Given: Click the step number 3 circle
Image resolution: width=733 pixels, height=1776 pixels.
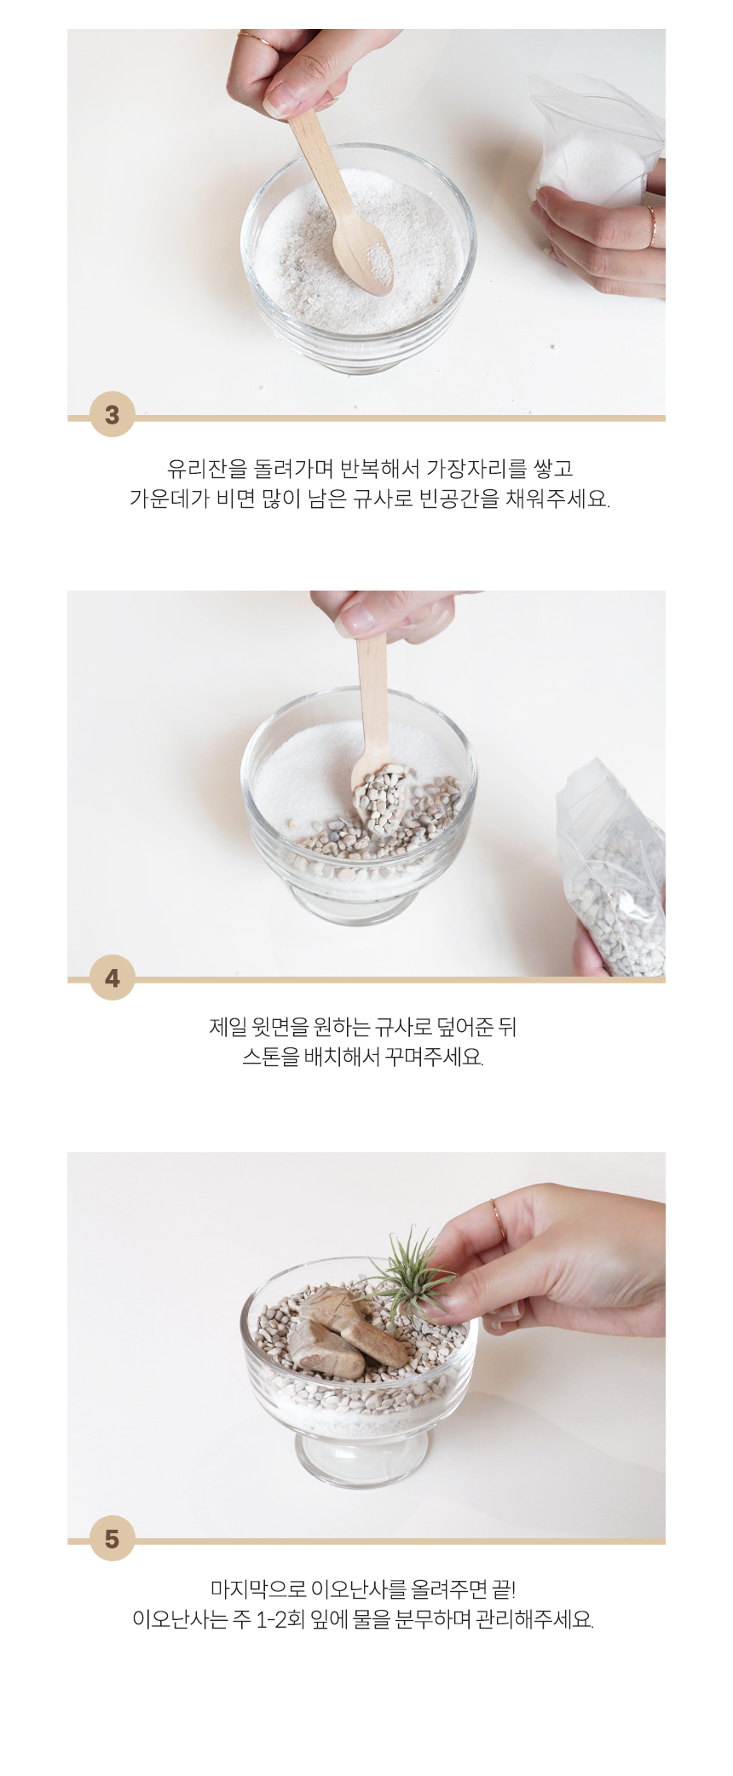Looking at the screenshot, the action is [113, 414].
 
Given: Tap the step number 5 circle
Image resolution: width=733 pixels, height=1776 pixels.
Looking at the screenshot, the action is [113, 1538].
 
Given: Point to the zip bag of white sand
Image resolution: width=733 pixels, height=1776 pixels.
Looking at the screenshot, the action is [597, 141].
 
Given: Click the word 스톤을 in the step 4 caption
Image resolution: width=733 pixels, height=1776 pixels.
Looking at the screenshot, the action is [271, 1058].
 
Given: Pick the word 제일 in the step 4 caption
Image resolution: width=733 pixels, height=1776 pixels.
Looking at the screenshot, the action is [228, 1027].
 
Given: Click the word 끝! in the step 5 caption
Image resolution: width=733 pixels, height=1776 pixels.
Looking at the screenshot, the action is [504, 1589].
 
